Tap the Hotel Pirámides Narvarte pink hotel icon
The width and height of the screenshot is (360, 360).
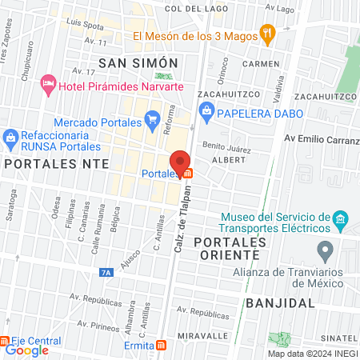pos(48,82)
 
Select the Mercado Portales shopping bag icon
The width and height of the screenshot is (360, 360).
pos(152,122)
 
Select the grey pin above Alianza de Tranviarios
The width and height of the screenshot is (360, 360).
pos(325,252)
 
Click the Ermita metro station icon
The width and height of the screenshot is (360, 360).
pos(162,346)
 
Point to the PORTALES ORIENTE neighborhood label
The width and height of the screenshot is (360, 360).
pos(226,248)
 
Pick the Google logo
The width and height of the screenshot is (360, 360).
pos(27,350)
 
